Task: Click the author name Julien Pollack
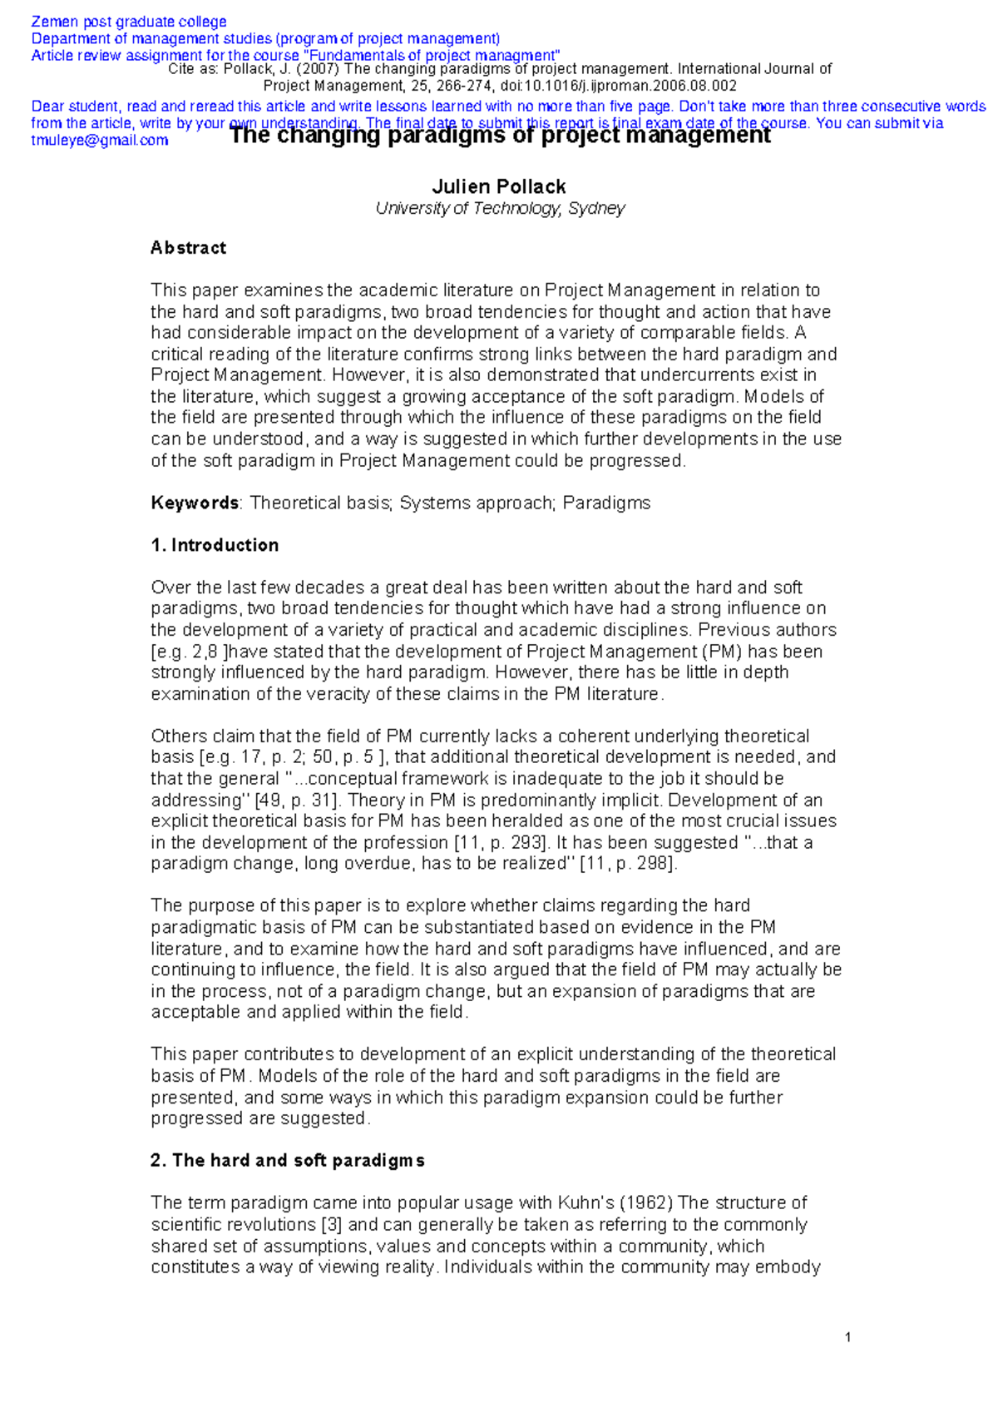(x=499, y=186)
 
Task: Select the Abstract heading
(x=188, y=248)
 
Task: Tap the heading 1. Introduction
(x=215, y=545)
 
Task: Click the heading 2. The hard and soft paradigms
(x=287, y=1160)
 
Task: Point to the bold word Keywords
(x=195, y=503)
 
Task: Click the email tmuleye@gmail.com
(x=100, y=140)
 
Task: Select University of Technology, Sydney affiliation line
(x=499, y=209)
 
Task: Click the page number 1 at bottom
(x=847, y=1338)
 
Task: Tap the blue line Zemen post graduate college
(x=129, y=22)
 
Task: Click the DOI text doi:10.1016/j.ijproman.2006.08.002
(x=618, y=86)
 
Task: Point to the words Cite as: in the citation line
(x=193, y=69)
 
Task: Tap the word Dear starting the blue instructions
(x=47, y=107)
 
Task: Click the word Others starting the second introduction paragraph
(x=178, y=736)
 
